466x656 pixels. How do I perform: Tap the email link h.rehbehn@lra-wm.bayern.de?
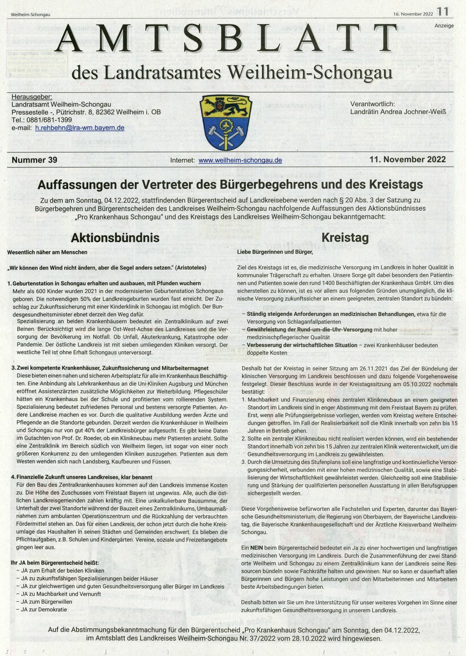tap(80, 128)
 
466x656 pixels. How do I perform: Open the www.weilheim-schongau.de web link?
tap(240, 160)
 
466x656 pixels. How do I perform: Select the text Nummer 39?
tap(35, 160)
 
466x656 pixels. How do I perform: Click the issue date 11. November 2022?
tap(408, 159)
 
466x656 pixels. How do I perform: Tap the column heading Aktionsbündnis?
tap(115, 238)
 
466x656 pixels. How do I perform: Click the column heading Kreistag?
tap(345, 238)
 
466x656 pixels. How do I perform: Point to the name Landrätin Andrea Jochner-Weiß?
tap(398, 112)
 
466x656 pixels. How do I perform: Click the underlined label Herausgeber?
tap(32, 97)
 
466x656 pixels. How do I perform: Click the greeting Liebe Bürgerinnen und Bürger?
tap(275, 252)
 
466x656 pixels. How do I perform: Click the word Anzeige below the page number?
tap(444, 25)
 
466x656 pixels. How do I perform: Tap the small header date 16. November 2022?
tap(413, 14)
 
